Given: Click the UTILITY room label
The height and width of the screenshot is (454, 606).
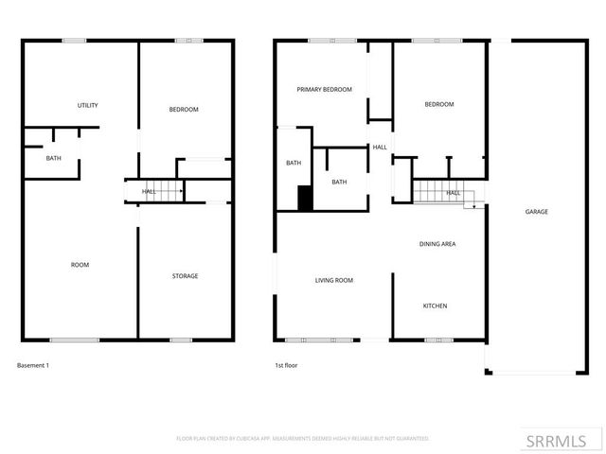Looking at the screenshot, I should pyautogui.click(x=87, y=105).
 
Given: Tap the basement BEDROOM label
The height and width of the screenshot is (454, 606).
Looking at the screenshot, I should pyautogui.click(x=184, y=110).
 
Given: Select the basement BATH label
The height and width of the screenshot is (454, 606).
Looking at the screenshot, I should pyautogui.click(x=54, y=158).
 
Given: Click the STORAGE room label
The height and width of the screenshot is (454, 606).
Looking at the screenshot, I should pyautogui.click(x=185, y=276).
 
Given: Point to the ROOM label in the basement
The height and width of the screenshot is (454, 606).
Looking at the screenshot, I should pyautogui.click(x=80, y=265).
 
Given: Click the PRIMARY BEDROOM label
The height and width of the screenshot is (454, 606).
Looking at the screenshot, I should pyautogui.click(x=324, y=90).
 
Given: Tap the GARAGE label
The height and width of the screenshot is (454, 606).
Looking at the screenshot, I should pyautogui.click(x=537, y=212).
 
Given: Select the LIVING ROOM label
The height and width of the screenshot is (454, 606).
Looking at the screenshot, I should pyautogui.click(x=334, y=280).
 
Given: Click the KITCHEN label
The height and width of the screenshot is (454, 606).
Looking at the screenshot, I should pyautogui.click(x=435, y=306).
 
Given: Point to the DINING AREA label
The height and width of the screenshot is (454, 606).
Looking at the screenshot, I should pyautogui.click(x=437, y=244).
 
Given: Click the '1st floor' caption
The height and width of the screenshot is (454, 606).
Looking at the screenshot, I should pyautogui.click(x=286, y=365).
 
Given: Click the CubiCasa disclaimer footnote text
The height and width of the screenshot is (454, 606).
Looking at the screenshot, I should pyautogui.click(x=303, y=439).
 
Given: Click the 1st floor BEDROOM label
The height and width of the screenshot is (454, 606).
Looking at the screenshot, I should pyautogui.click(x=438, y=104).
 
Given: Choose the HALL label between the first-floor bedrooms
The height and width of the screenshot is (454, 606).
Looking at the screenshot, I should pyautogui.click(x=380, y=148).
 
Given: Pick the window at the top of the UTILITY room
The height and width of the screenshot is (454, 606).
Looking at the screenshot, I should pyautogui.click(x=74, y=40).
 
